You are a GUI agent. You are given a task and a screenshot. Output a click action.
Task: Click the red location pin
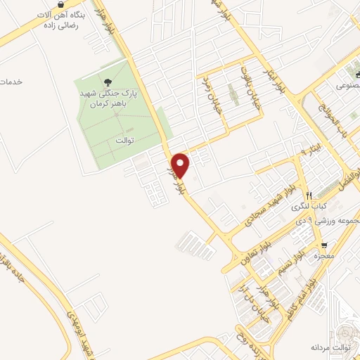coord(181,165)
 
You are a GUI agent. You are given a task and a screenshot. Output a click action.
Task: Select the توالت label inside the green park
coord(124,140)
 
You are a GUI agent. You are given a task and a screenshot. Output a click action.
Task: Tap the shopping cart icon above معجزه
coord(323,245)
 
